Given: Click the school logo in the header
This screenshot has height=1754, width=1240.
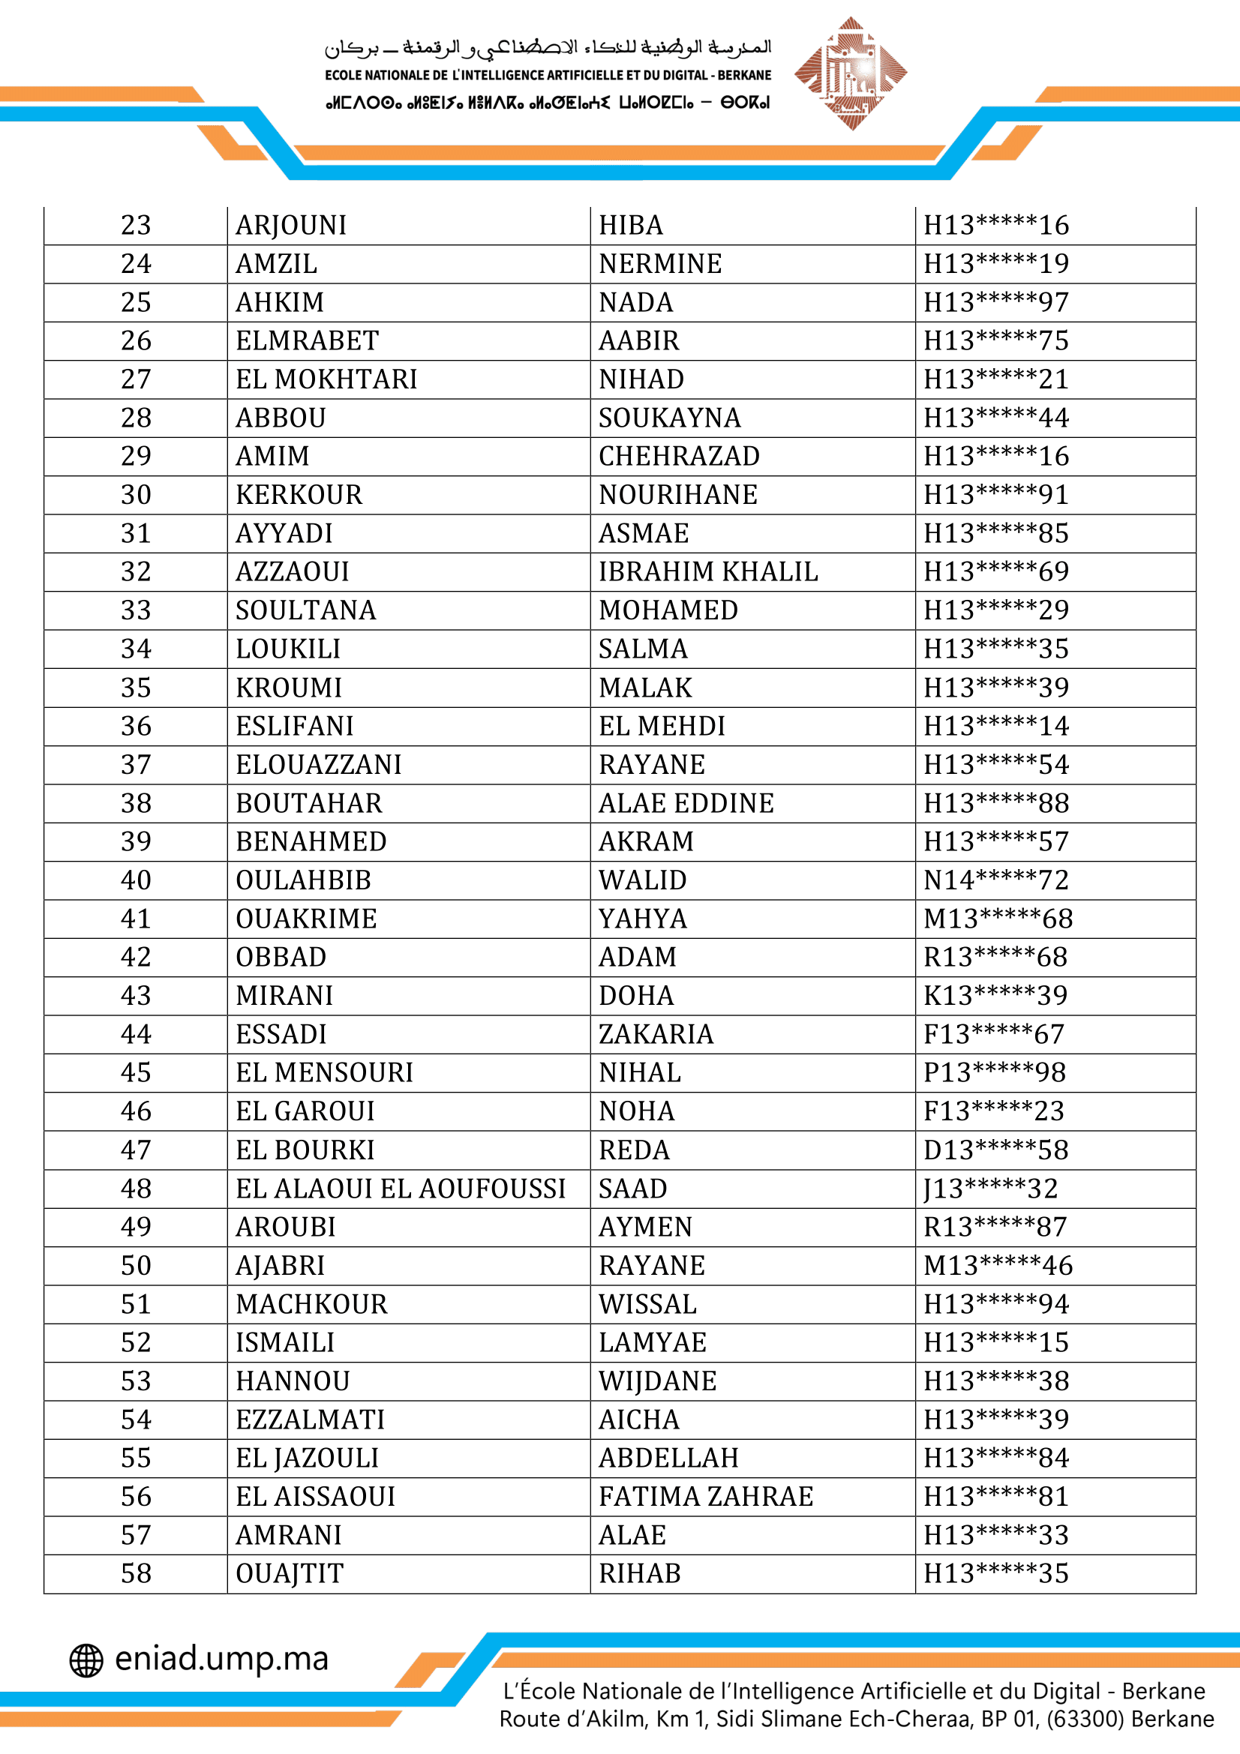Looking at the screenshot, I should (851, 73).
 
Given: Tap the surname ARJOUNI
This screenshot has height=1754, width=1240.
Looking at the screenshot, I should (291, 226).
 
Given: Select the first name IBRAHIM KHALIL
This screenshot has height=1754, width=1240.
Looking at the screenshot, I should (707, 571).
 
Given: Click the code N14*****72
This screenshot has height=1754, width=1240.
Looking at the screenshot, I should (995, 880).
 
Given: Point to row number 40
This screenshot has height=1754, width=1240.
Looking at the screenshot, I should (136, 880).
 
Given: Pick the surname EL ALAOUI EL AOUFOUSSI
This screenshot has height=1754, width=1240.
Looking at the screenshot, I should (401, 1188).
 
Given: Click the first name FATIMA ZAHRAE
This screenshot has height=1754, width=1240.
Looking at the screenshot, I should (706, 1496).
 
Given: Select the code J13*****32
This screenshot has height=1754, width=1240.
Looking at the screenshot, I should (990, 1188).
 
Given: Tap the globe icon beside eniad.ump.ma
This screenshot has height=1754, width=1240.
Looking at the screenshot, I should (86, 1660).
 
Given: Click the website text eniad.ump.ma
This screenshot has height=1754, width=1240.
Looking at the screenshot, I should (221, 1659).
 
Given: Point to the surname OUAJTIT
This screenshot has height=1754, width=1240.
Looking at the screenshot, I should (290, 1573).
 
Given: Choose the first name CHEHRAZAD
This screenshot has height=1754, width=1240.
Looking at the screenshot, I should (678, 456).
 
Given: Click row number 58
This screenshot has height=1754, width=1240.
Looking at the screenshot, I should (136, 1573).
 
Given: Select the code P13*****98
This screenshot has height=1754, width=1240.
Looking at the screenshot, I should (994, 1072).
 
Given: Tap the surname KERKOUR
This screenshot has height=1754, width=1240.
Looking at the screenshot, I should (299, 495).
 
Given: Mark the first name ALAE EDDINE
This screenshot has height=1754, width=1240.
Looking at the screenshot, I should (686, 803).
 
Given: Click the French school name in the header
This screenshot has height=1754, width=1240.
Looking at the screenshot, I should (548, 75).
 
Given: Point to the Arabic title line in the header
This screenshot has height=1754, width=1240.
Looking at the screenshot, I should (548, 47).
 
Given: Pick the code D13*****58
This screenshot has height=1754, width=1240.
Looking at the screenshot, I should (995, 1150).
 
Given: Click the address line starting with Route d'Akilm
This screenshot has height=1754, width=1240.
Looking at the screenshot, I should (856, 1718).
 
